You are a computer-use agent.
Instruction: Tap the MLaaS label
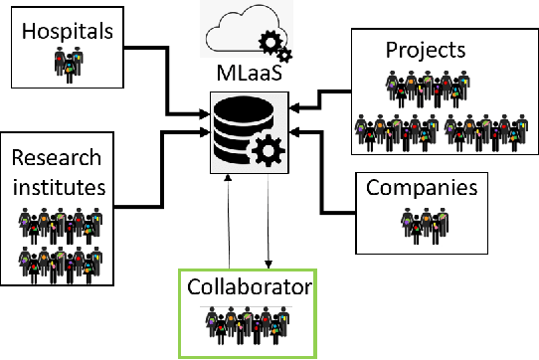(249, 75)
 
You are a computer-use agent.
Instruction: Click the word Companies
(422, 187)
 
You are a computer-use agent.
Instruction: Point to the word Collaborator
(250, 288)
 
